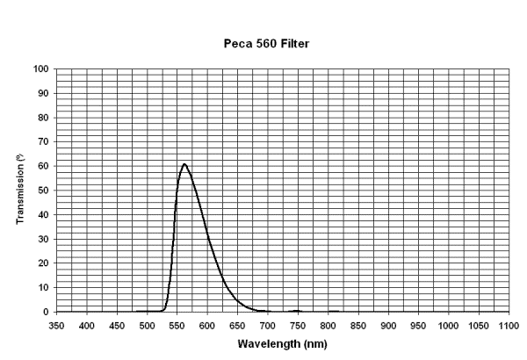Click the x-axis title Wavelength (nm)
pyautogui.click(x=283, y=343)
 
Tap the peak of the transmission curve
pyautogui.click(x=184, y=163)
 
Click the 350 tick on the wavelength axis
pyautogui.click(x=57, y=325)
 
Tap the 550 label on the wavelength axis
pyautogui.click(x=177, y=325)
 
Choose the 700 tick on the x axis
pyautogui.click(x=268, y=325)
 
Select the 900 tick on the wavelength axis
pyautogui.click(x=388, y=325)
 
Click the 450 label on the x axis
pyautogui.click(x=117, y=325)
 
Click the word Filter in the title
pyautogui.click(x=309, y=42)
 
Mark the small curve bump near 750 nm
pyautogui.click(x=298, y=310)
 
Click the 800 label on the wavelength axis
pyautogui.click(x=328, y=325)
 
